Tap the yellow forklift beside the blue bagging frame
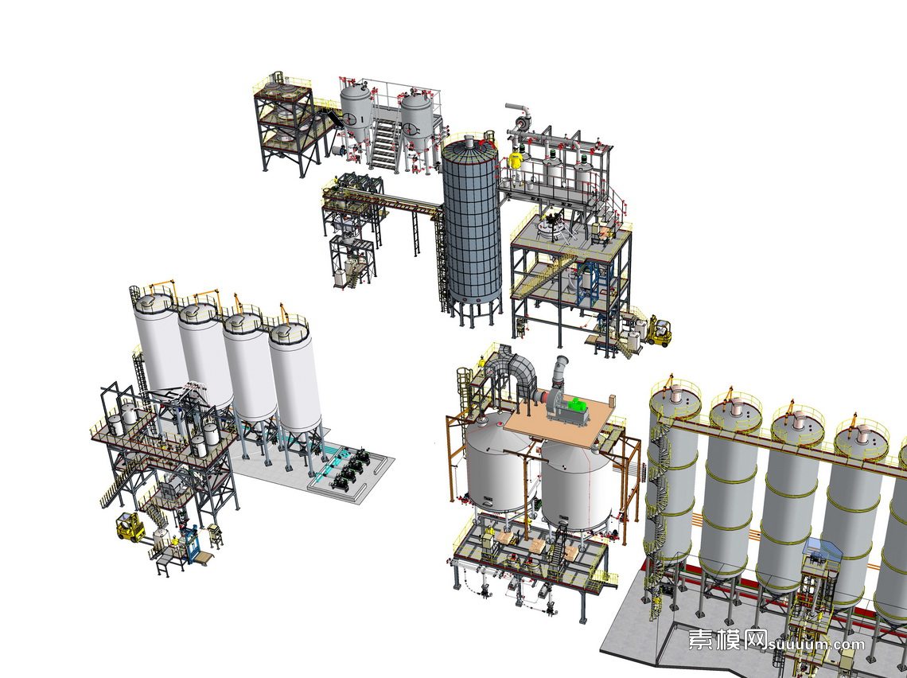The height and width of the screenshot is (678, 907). point(130,527)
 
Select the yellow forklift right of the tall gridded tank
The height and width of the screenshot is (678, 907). point(659,332)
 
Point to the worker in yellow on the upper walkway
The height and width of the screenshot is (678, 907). point(515,162)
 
